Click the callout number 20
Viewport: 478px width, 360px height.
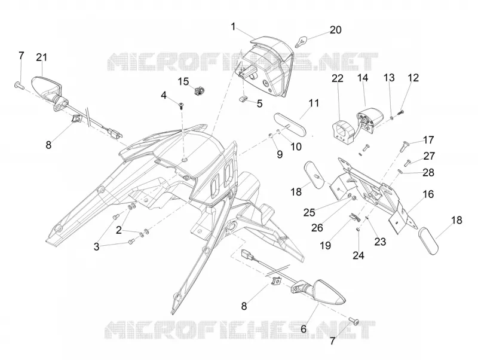[x=335, y=30]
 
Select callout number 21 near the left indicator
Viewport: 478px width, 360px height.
[x=42, y=57]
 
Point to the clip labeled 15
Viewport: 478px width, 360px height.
[x=199, y=90]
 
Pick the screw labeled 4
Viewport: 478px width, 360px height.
[x=182, y=106]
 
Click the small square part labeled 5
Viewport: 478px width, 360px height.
[x=243, y=98]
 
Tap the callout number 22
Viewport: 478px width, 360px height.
[x=338, y=78]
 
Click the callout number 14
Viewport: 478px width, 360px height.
[x=363, y=78]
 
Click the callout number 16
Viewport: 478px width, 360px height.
[x=428, y=194]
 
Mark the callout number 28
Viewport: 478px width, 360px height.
[x=428, y=172]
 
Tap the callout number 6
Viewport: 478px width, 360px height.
[x=304, y=329]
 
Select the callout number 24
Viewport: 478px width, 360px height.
[x=358, y=255]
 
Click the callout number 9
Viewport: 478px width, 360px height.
[x=280, y=154]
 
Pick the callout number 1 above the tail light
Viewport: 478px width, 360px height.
[x=233, y=27]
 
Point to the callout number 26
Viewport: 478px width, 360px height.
[x=317, y=228]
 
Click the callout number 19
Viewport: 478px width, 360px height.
[x=325, y=245]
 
